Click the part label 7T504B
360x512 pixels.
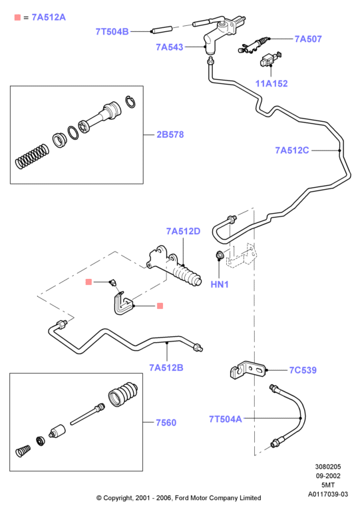pyautogui.click(x=112, y=32)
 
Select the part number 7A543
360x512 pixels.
pyautogui.click(x=170, y=47)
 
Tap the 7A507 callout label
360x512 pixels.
pyautogui.click(x=308, y=39)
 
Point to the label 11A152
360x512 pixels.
pyautogui.click(x=271, y=84)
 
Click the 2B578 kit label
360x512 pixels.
pyautogui.click(x=170, y=134)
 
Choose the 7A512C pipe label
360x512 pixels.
pyautogui.click(x=291, y=150)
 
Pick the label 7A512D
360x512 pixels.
pyautogui.click(x=183, y=231)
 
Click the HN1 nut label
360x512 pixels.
pyautogui.click(x=220, y=284)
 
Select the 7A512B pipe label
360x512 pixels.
pyautogui.click(x=166, y=368)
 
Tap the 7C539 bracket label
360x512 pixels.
pyautogui.click(x=303, y=370)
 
